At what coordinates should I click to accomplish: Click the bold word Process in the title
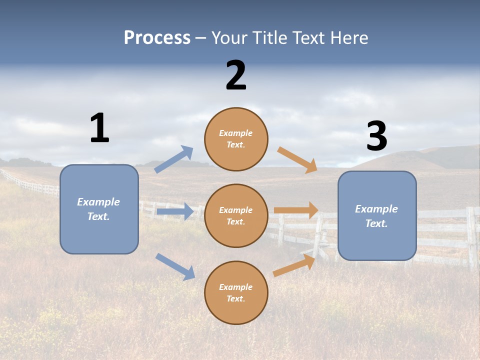tap(157, 38)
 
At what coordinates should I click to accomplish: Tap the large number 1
tap(99, 128)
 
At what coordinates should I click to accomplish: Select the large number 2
tap(236, 75)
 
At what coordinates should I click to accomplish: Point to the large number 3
tap(376, 136)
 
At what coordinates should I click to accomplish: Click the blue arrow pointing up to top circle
tap(174, 159)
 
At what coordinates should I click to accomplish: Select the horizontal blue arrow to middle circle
tap(175, 212)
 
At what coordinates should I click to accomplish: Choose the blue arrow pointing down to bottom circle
tap(175, 266)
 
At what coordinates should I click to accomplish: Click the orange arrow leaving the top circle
tap(297, 159)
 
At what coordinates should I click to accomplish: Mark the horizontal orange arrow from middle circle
tap(296, 210)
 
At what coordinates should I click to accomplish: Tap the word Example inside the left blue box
tap(98, 202)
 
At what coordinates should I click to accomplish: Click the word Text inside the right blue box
tap(376, 223)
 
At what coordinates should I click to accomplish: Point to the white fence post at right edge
tap(471, 235)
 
